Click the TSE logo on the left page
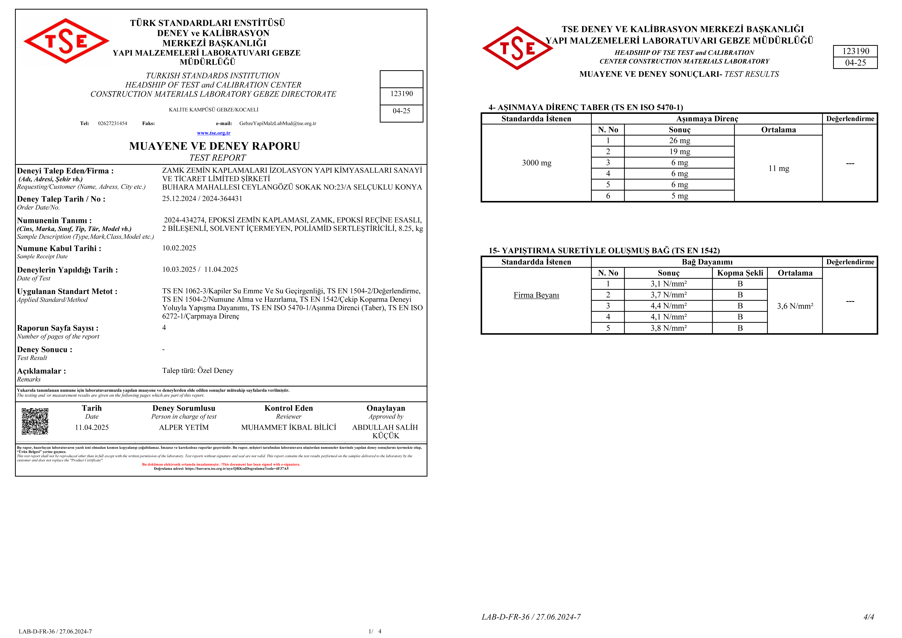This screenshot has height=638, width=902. (x=66, y=41)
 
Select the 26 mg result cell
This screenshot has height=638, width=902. (x=679, y=141)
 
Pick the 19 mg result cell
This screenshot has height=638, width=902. (x=679, y=152)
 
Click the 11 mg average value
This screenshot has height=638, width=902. (x=778, y=169)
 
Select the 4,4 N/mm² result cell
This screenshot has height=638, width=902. (x=668, y=306)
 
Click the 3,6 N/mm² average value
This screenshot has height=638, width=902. (x=795, y=306)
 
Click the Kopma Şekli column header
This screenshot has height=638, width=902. (x=740, y=273)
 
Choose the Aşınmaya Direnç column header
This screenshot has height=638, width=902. (x=707, y=119)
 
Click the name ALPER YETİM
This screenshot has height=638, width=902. (x=184, y=427)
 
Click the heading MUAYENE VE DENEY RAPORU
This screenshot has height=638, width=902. (x=215, y=146)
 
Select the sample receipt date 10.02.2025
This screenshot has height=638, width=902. (x=179, y=248)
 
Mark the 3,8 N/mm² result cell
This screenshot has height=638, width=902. (x=668, y=328)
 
